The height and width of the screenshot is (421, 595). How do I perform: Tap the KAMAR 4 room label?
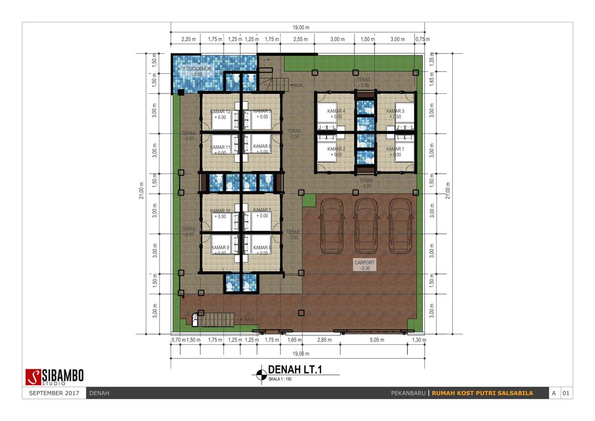[x=336, y=111]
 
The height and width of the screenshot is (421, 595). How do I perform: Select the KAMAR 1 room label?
[x=395, y=149]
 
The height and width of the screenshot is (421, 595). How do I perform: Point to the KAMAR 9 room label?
[x=220, y=247]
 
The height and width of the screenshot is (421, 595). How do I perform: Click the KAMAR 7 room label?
[x=262, y=210]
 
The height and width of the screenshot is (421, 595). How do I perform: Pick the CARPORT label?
[x=364, y=263]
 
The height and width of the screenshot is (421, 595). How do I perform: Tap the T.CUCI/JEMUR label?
[x=197, y=69]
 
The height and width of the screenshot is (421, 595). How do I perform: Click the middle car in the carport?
[x=366, y=225]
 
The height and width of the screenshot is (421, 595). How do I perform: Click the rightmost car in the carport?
[x=400, y=225]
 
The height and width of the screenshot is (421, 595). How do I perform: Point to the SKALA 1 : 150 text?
[x=280, y=379]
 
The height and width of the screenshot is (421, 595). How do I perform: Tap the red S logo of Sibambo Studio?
[x=33, y=377]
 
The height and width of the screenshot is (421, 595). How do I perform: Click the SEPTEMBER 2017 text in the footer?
[x=54, y=393]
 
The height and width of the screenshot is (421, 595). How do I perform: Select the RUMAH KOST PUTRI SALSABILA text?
[x=482, y=393]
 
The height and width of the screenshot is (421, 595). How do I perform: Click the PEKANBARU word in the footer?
[x=408, y=393]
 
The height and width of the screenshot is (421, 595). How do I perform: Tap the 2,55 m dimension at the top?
[x=300, y=39]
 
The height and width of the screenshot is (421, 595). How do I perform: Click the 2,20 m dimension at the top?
[x=188, y=39]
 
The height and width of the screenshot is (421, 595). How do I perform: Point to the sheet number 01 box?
[x=566, y=393]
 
